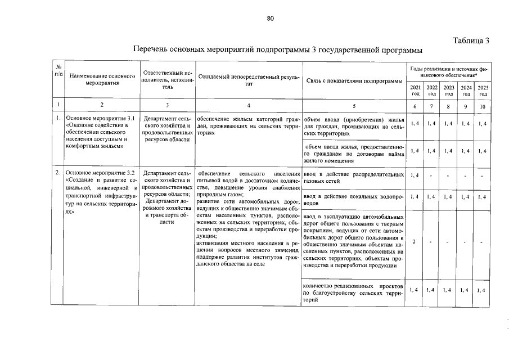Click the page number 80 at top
[x=270, y=19]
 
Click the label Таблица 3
[x=471, y=40]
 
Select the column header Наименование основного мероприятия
[x=102, y=79]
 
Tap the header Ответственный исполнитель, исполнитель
[x=167, y=80]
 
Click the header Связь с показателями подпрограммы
[x=354, y=80]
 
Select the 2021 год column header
[x=415, y=90]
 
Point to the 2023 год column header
[x=449, y=90]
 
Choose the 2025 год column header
[x=483, y=90]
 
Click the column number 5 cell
[x=354, y=106]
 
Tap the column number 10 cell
[x=483, y=106]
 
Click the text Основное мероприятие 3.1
[x=100, y=118]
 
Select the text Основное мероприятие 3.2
[x=100, y=172]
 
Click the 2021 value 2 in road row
[x=414, y=242]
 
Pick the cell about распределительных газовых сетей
[x=353, y=178]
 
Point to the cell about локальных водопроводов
[x=353, y=199]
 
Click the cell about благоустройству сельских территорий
[x=353, y=292]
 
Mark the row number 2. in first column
[x=58, y=172]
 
